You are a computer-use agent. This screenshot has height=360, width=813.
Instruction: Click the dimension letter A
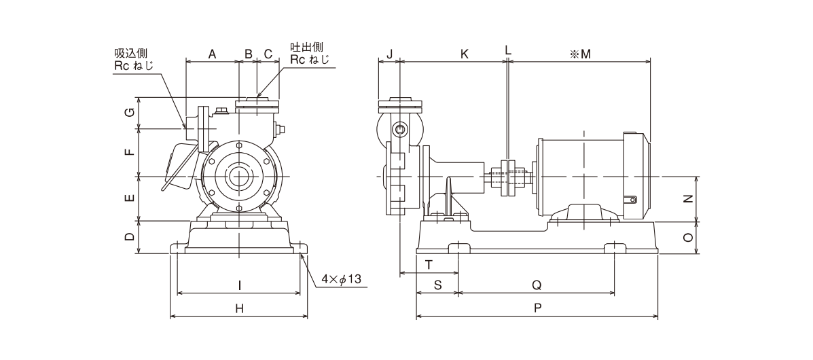coord(212,53)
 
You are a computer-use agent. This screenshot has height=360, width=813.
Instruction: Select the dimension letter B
coord(249,53)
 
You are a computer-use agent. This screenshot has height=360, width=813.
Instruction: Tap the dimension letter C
coord(268,53)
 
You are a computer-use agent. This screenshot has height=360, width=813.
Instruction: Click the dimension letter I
coord(239,285)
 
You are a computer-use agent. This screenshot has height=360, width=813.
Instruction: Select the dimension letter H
coord(239,308)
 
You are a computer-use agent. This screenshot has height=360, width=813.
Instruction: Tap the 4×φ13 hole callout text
coord(344,279)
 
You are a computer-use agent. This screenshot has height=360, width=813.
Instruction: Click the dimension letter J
coord(389,53)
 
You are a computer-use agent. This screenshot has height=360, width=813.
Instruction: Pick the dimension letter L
coord(508,50)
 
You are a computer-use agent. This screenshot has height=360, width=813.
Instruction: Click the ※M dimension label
coord(581,53)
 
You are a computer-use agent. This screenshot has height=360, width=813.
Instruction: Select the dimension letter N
coord(687,198)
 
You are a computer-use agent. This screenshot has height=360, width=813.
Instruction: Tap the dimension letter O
coord(687,238)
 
